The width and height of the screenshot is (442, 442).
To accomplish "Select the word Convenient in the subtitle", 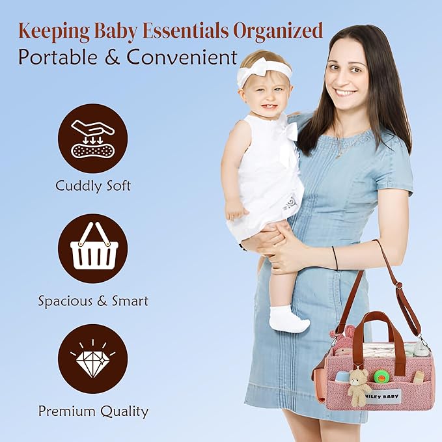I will (x=182, y=57).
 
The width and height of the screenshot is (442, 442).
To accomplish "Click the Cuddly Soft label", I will (x=92, y=186).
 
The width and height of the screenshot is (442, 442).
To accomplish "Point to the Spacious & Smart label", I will (x=93, y=301).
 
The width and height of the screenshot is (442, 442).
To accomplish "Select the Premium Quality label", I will (x=93, y=411).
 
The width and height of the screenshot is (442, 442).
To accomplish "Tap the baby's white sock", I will (x=286, y=320).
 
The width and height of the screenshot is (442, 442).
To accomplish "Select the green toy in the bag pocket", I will (x=381, y=376).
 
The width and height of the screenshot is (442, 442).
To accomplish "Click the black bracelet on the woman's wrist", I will (x=335, y=258).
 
